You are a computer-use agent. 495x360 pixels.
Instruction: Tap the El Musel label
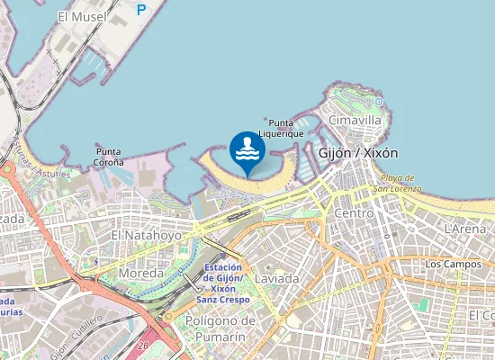coord(81,16)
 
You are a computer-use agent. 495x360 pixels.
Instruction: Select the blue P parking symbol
coord(140,10)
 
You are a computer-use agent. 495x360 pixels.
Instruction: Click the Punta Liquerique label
coord(274,127)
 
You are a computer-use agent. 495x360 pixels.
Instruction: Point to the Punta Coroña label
coord(109,157)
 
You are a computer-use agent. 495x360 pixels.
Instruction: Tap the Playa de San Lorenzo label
coord(395,183)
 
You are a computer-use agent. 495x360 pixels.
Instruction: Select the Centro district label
coord(353,213)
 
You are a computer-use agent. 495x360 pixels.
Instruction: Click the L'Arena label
coord(464,229)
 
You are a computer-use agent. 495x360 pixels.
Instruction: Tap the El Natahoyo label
coord(146,235)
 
